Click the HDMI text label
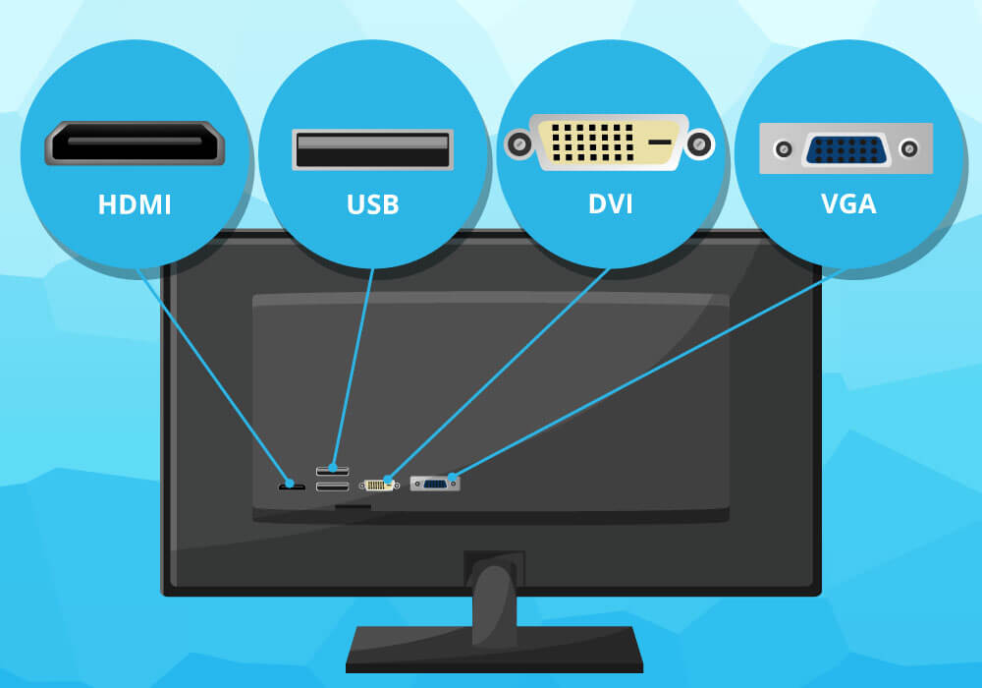pyautogui.click(x=135, y=205)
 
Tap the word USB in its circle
pyautogui.click(x=373, y=205)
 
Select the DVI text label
pyautogui.click(x=610, y=205)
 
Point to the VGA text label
pyautogui.click(x=848, y=205)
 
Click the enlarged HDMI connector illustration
pyautogui.click(x=135, y=143)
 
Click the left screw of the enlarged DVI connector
pyautogui.click(x=518, y=146)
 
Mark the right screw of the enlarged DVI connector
pyautogui.click(x=699, y=146)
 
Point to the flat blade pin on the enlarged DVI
pyautogui.click(x=660, y=143)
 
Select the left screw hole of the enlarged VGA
pyautogui.click(x=783, y=149)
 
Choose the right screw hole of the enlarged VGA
pyautogui.click(x=909, y=149)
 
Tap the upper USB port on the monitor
pyautogui.click(x=332, y=470)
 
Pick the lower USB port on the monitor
pyautogui.click(x=332, y=487)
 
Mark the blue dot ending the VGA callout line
pyautogui.click(x=452, y=480)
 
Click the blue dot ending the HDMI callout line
pyautogui.click(x=289, y=484)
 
